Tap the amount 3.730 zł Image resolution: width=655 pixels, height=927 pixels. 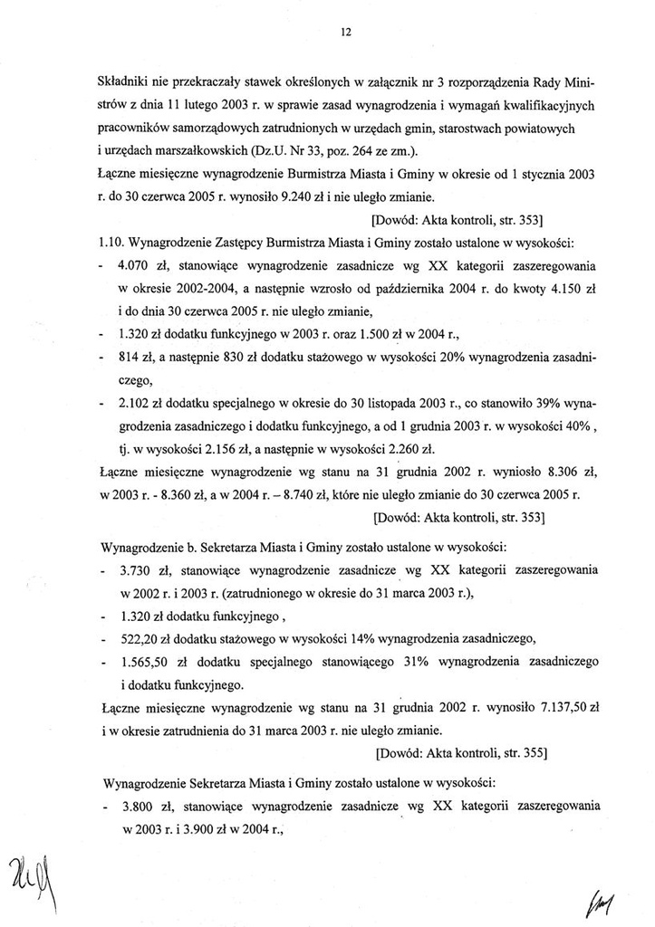pyautogui.click(x=140, y=572)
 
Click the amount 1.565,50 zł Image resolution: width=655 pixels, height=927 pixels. pyautogui.click(x=153, y=661)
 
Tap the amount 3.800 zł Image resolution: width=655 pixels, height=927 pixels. pyautogui.click(x=140, y=804)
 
